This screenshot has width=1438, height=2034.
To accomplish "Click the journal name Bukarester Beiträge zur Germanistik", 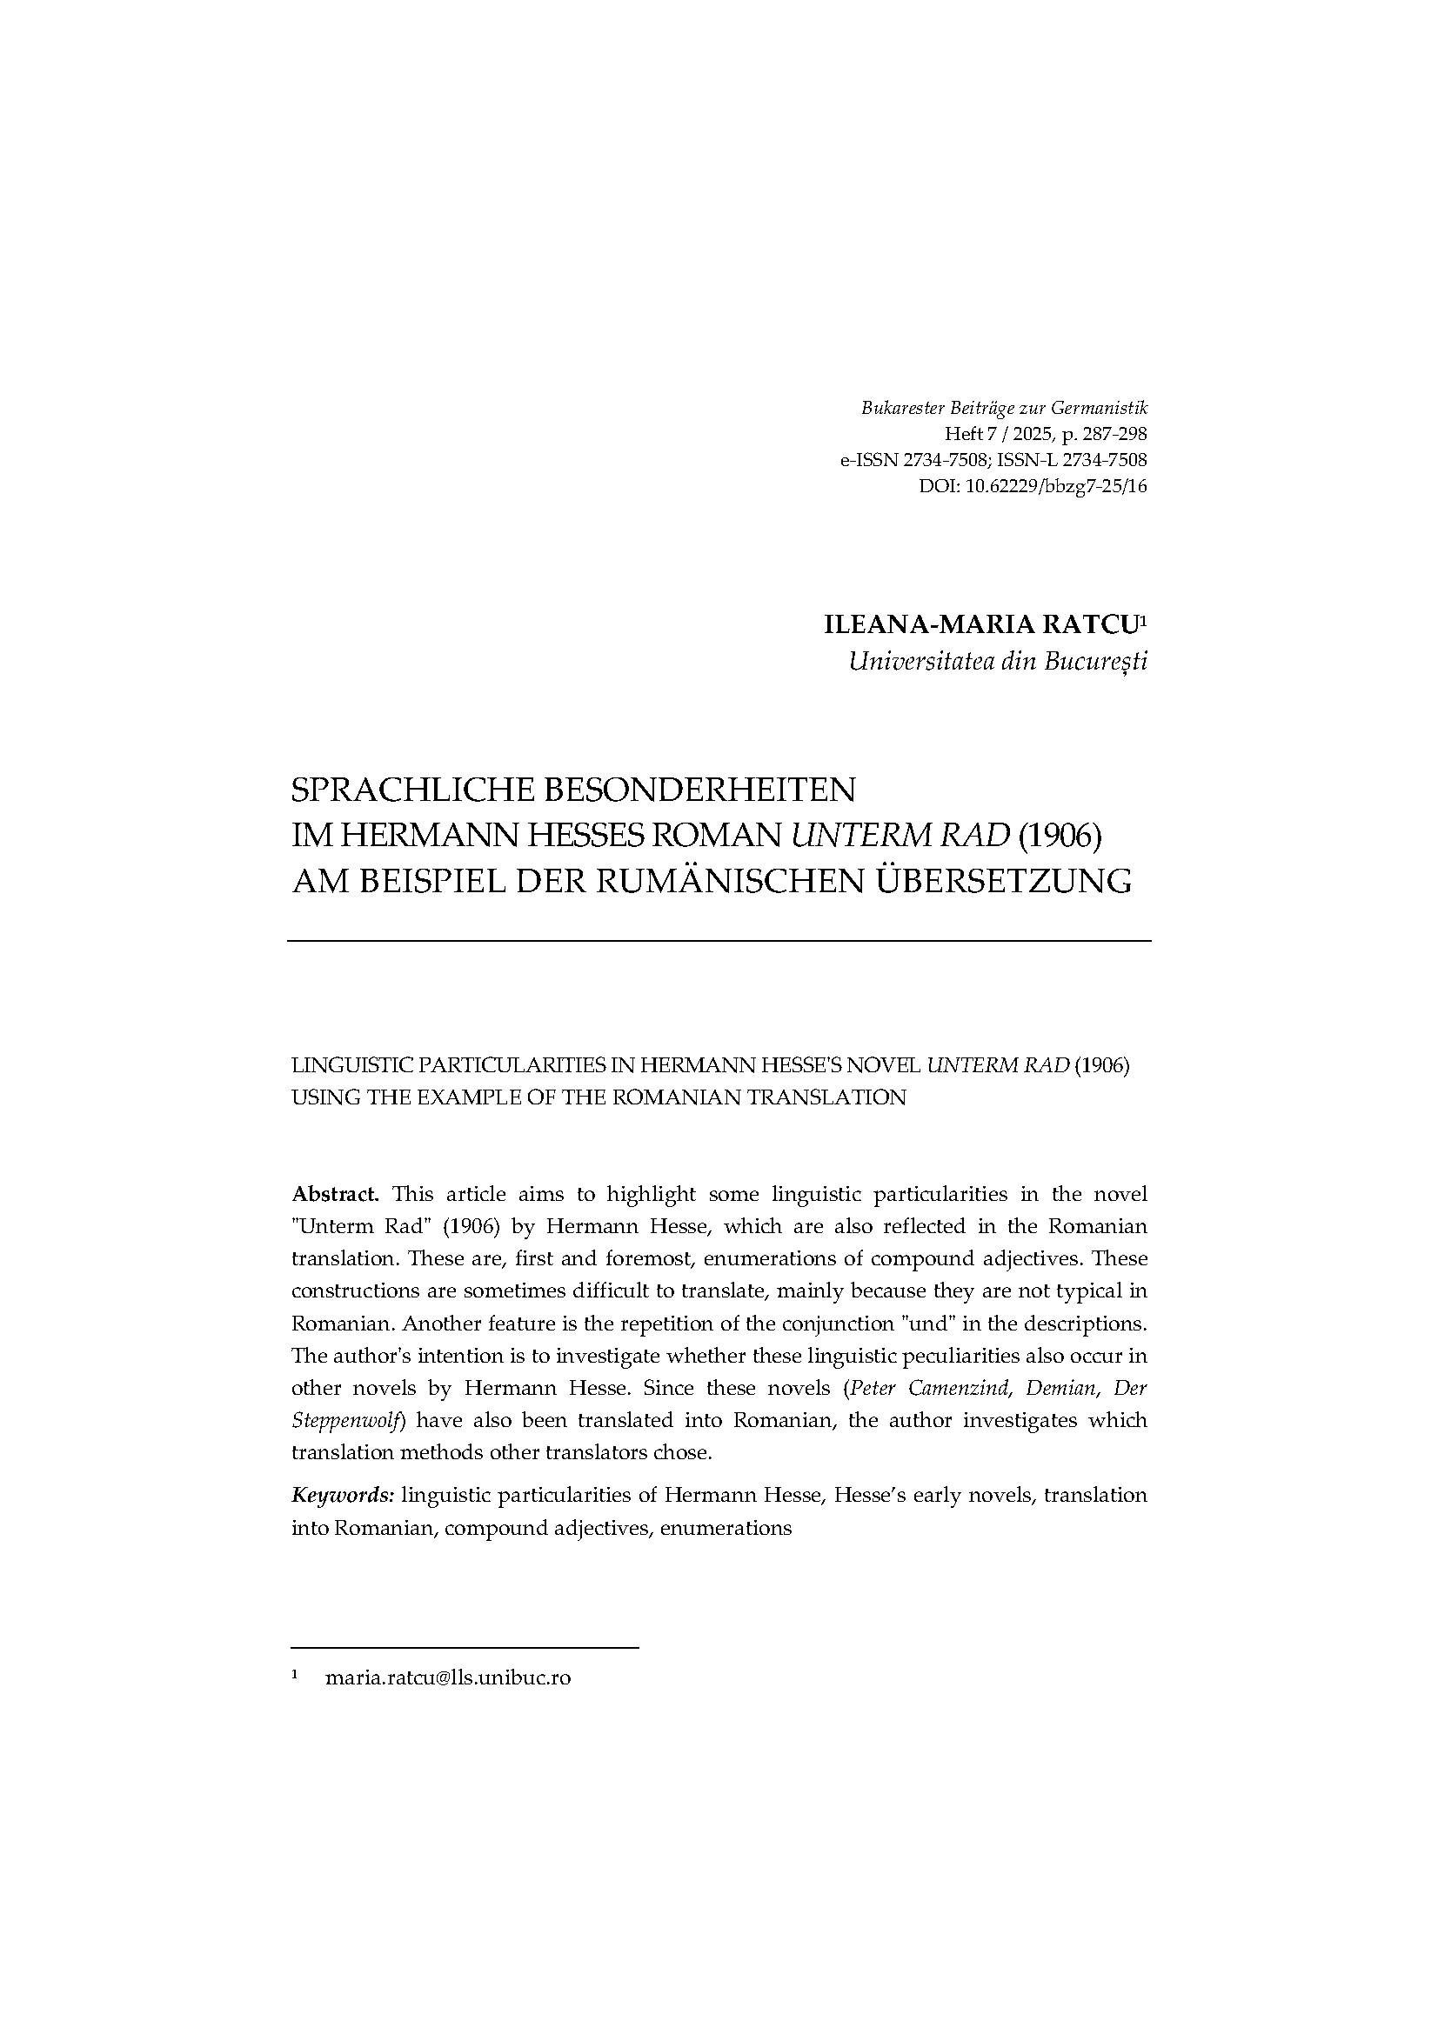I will [x=1004, y=409].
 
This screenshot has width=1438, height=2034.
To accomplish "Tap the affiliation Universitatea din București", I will [x=997, y=662].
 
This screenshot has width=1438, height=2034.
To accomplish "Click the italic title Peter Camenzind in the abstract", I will [x=917, y=1387].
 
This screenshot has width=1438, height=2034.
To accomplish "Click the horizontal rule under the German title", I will [x=719, y=940].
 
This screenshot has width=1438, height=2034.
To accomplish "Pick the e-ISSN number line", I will [x=993, y=460].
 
